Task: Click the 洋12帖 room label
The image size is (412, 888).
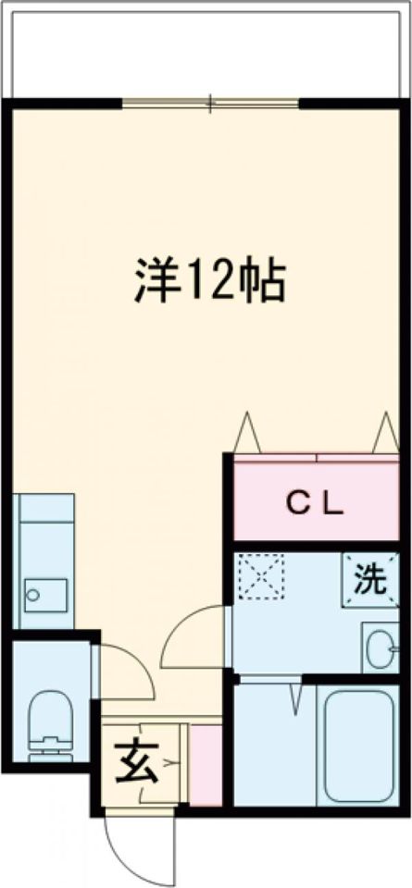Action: [x=208, y=279]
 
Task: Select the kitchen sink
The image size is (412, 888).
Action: [x=44, y=592]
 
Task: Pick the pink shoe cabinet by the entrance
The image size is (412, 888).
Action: [x=205, y=764]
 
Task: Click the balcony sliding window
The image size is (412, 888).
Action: [x=211, y=103]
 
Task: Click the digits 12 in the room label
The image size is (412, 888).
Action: [x=205, y=280]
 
